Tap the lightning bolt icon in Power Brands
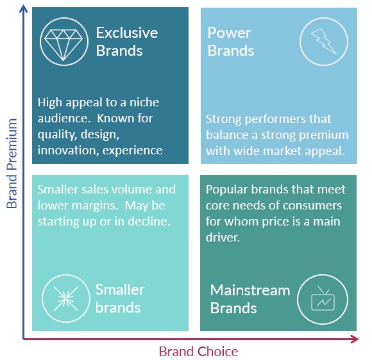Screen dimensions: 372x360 pyautogui.click(x=324, y=42)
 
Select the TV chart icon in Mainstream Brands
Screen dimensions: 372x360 pyautogui.click(x=323, y=299)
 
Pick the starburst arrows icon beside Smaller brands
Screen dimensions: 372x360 pyautogui.click(x=66, y=299)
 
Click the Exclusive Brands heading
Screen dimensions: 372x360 pyautogui.click(x=127, y=42)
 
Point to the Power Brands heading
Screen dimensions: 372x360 pyautogui.click(x=231, y=42)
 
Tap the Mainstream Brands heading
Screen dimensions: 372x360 pyautogui.click(x=250, y=299)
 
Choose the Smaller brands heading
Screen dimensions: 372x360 pyautogui.click(x=120, y=299)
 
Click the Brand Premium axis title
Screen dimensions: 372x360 pyautogui.click(x=12, y=163)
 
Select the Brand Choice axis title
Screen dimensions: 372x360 pyautogui.click(x=199, y=352)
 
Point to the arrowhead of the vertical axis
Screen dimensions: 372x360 pyautogui.click(x=23, y=8)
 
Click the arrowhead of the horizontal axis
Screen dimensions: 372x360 pyautogui.click(x=355, y=339)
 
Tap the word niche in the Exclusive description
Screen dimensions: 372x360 pyautogui.click(x=144, y=102)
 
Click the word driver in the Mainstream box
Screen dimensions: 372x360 pyautogui.click(x=223, y=238)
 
